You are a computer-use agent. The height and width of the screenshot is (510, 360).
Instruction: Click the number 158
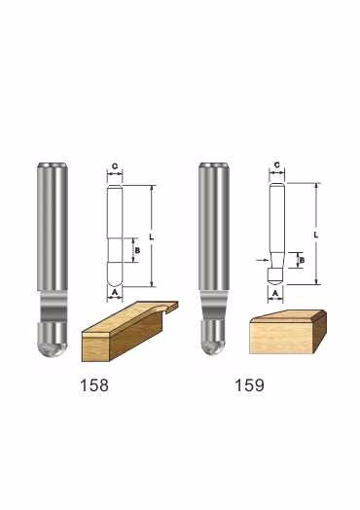pos(94,385)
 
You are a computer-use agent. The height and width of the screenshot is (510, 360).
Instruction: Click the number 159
pos(249,385)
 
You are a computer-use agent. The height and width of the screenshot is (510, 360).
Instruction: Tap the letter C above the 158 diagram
pos(115,166)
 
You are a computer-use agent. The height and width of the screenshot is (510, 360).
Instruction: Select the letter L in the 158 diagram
pos(151,237)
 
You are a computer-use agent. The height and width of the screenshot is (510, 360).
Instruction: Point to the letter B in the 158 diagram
pos(137,250)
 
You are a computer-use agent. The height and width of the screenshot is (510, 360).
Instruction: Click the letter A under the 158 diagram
pos(115,292)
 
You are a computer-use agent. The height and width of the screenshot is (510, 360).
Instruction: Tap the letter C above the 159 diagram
pos(276,165)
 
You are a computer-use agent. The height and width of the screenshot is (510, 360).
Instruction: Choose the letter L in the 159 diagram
pos(316,235)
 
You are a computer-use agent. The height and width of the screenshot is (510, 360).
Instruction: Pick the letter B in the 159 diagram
pos(302,260)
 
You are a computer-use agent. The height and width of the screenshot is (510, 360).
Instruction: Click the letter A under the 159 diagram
pos(275,294)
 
